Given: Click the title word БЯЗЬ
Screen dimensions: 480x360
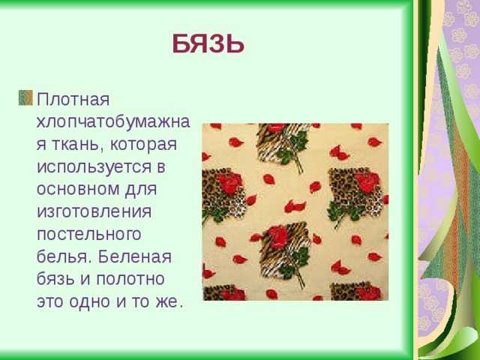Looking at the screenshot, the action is pos(208,43).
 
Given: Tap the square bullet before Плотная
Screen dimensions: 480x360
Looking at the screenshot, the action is pos(25,97).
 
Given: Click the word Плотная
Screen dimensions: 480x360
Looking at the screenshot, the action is pos(73,100).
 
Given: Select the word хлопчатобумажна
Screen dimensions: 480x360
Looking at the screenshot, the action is pos(113,121).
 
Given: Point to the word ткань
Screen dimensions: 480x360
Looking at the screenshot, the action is pos(77,145).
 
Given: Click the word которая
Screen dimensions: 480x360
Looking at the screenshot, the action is pos(143,145).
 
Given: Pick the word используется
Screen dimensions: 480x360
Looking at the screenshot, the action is pos(94,167).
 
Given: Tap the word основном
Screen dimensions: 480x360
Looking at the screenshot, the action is pos(78,189).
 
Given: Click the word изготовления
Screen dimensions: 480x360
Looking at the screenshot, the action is pos(94,211).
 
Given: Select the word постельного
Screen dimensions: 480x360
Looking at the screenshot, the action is pos(89,235).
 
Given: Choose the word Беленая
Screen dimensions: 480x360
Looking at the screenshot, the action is pos(135,256).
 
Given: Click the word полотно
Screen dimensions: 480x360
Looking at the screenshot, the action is pos(130,279).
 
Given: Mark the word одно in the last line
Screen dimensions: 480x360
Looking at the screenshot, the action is pos(90,301).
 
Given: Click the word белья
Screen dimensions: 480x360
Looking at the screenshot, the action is pos(64,256).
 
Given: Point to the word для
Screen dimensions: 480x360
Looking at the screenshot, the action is pos(141,190).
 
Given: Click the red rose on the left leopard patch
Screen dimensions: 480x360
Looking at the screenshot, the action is pos(229,182).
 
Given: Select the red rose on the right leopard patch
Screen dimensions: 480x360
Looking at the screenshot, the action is pos(367,182).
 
